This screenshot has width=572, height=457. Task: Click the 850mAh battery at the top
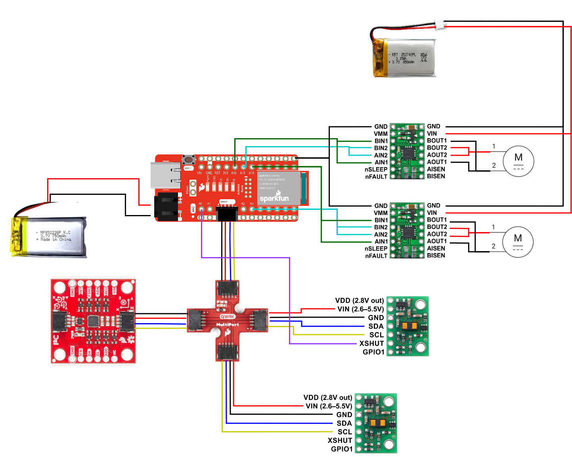404,58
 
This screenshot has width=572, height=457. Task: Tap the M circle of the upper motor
518,161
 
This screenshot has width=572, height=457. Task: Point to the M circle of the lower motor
518,242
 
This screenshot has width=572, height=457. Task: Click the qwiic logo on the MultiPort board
228,316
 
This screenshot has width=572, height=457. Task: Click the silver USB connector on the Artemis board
166,175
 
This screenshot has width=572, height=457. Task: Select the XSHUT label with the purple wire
371,343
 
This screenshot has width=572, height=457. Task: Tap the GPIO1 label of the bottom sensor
342,449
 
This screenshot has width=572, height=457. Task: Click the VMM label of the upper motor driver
381,134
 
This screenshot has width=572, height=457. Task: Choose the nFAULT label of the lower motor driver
376,256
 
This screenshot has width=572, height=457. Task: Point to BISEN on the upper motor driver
436,176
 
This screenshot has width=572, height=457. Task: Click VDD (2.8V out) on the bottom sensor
327,397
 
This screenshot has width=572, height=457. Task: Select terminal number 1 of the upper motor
494,147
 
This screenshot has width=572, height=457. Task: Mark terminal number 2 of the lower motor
493,246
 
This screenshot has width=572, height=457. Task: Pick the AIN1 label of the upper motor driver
381,162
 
